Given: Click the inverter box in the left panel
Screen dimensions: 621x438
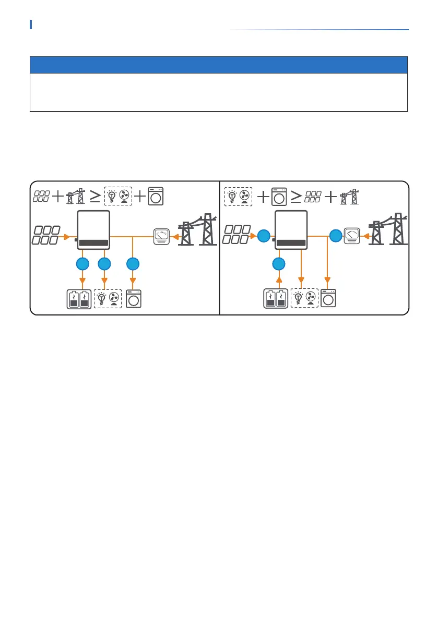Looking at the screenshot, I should [93, 230].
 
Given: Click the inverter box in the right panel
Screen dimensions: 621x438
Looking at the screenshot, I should [291, 230].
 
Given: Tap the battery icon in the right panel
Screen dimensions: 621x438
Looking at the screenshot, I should [276, 299].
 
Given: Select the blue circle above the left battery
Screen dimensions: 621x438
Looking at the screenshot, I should [82, 264].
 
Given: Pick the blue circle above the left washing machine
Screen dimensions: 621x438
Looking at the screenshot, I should [133, 264].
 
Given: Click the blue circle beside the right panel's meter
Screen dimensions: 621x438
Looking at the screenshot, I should [336, 236].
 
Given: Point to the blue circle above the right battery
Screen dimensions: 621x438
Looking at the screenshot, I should [279, 264].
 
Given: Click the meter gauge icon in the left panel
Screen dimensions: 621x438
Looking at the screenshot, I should [160, 237].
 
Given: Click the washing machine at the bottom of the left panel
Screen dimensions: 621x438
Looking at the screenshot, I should [134, 299].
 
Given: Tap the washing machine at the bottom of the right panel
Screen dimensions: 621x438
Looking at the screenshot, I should [328, 298].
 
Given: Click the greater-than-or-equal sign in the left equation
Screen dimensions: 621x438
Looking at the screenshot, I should [95, 197].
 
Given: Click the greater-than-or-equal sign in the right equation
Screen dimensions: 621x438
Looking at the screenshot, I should [295, 197].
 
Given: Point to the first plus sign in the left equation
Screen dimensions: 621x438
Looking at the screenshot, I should [58, 197].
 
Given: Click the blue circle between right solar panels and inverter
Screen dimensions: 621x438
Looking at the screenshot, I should [264, 237].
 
